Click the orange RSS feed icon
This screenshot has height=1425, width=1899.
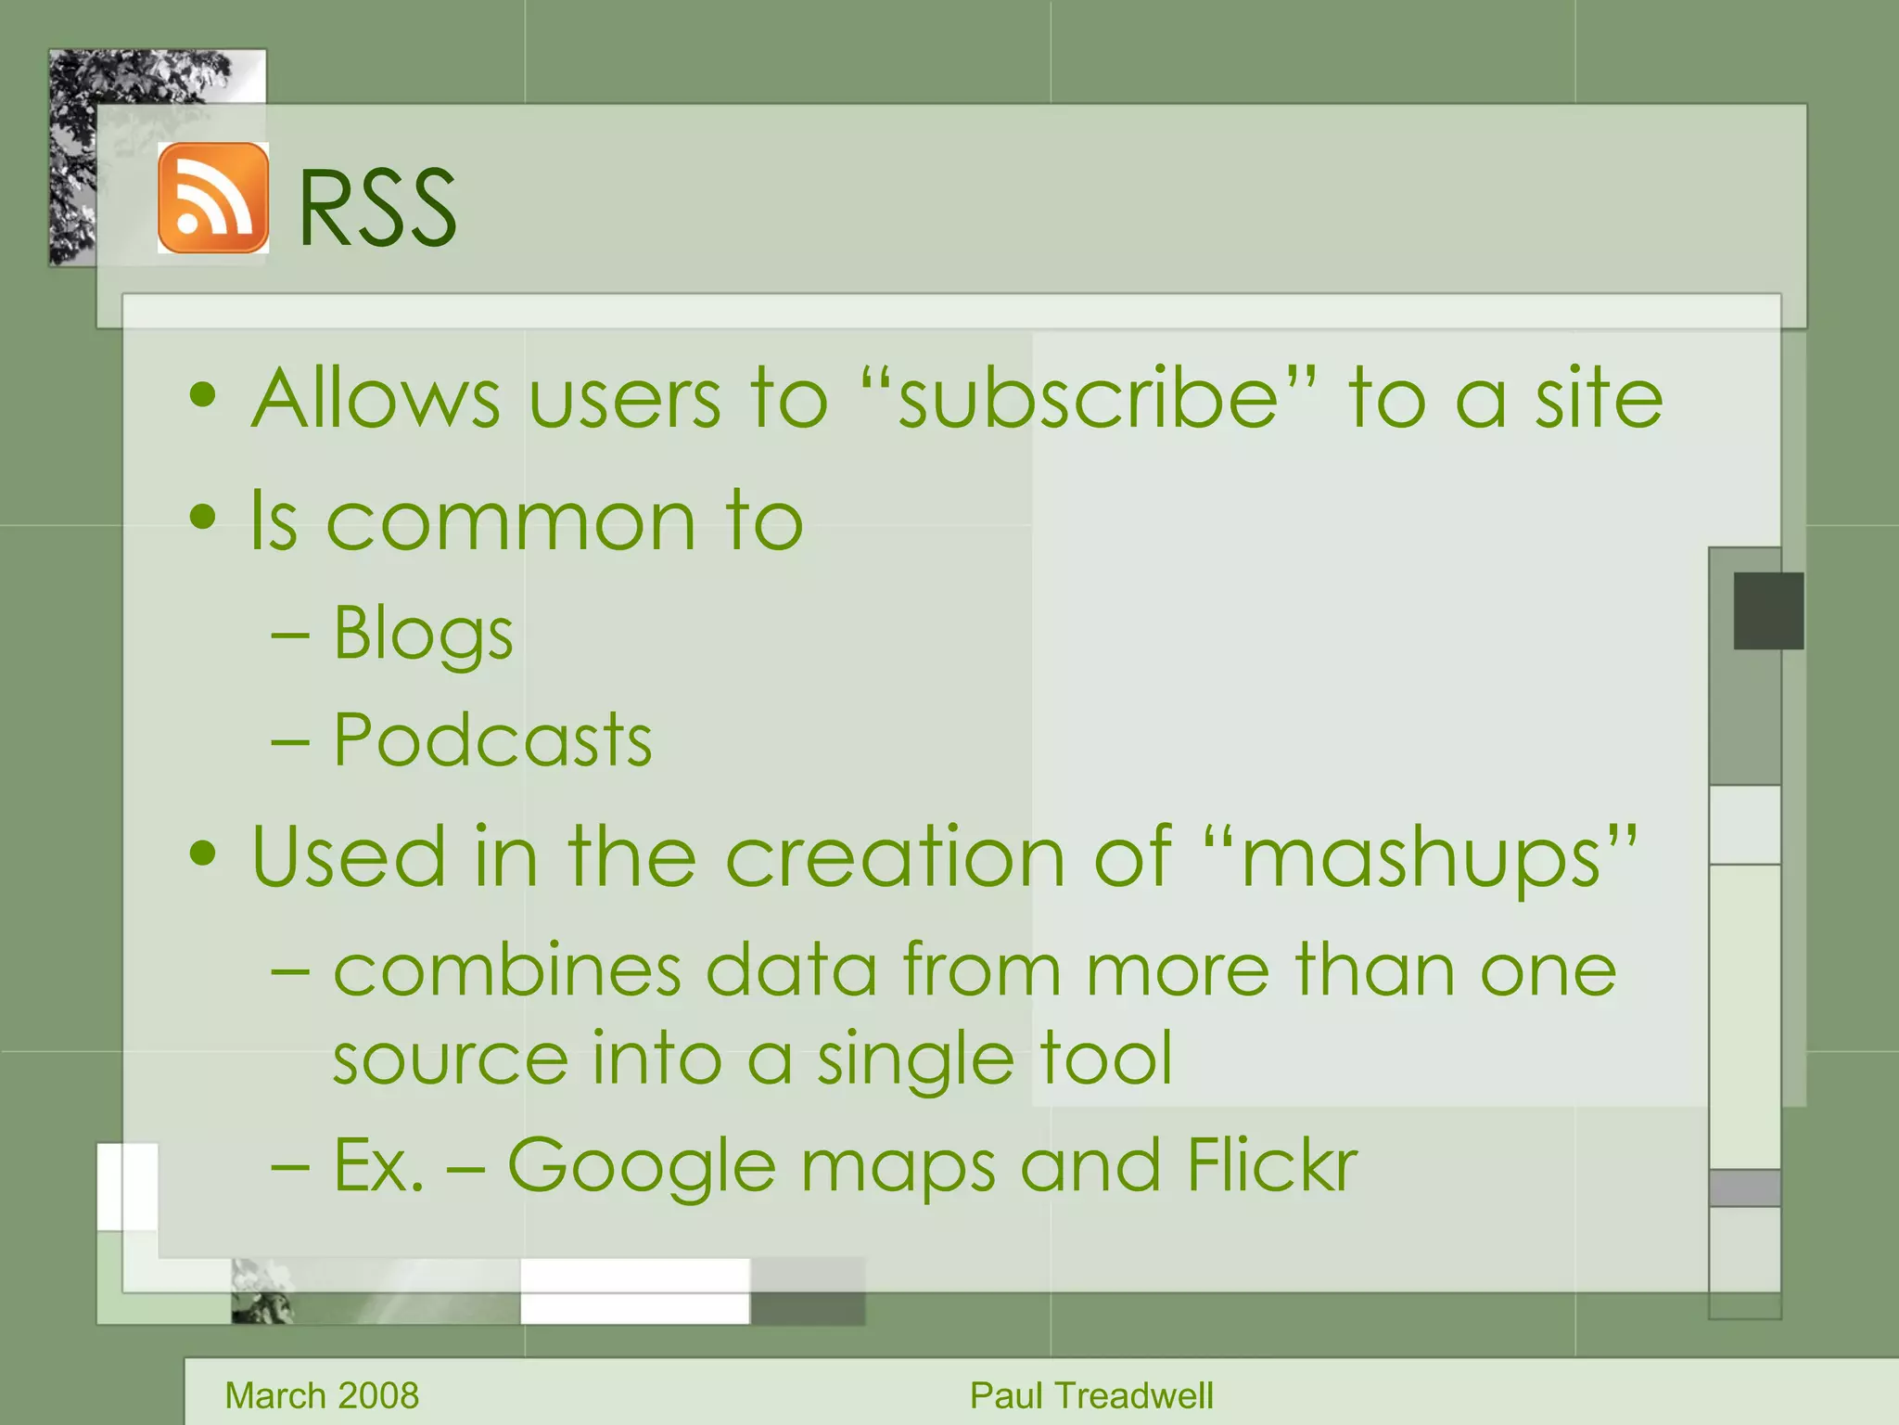tap(213, 198)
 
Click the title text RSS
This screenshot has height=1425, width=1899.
tap(376, 208)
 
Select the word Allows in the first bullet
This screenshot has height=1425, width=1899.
tap(376, 399)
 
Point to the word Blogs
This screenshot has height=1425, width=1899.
tap(423, 635)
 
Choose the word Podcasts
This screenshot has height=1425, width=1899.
tap(492, 740)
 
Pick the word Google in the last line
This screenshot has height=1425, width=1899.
tap(641, 1166)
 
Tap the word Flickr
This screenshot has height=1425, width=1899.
tap(1271, 1164)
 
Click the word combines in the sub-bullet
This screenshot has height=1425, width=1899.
tap(507, 970)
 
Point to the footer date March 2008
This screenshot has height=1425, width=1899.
tap(322, 1395)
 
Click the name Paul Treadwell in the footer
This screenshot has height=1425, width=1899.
tap(1091, 1395)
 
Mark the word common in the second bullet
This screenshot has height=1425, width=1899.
tap(510, 521)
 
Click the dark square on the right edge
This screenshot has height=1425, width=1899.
tap(1768, 610)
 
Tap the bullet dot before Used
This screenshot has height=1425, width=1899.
tap(202, 853)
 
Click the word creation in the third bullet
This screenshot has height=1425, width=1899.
tap(895, 856)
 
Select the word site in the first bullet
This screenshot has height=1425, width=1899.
tap(1599, 399)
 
